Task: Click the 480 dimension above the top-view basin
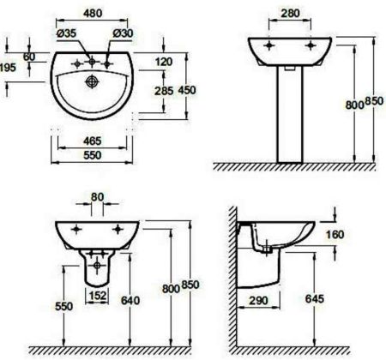93,13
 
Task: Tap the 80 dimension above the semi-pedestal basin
96,196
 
